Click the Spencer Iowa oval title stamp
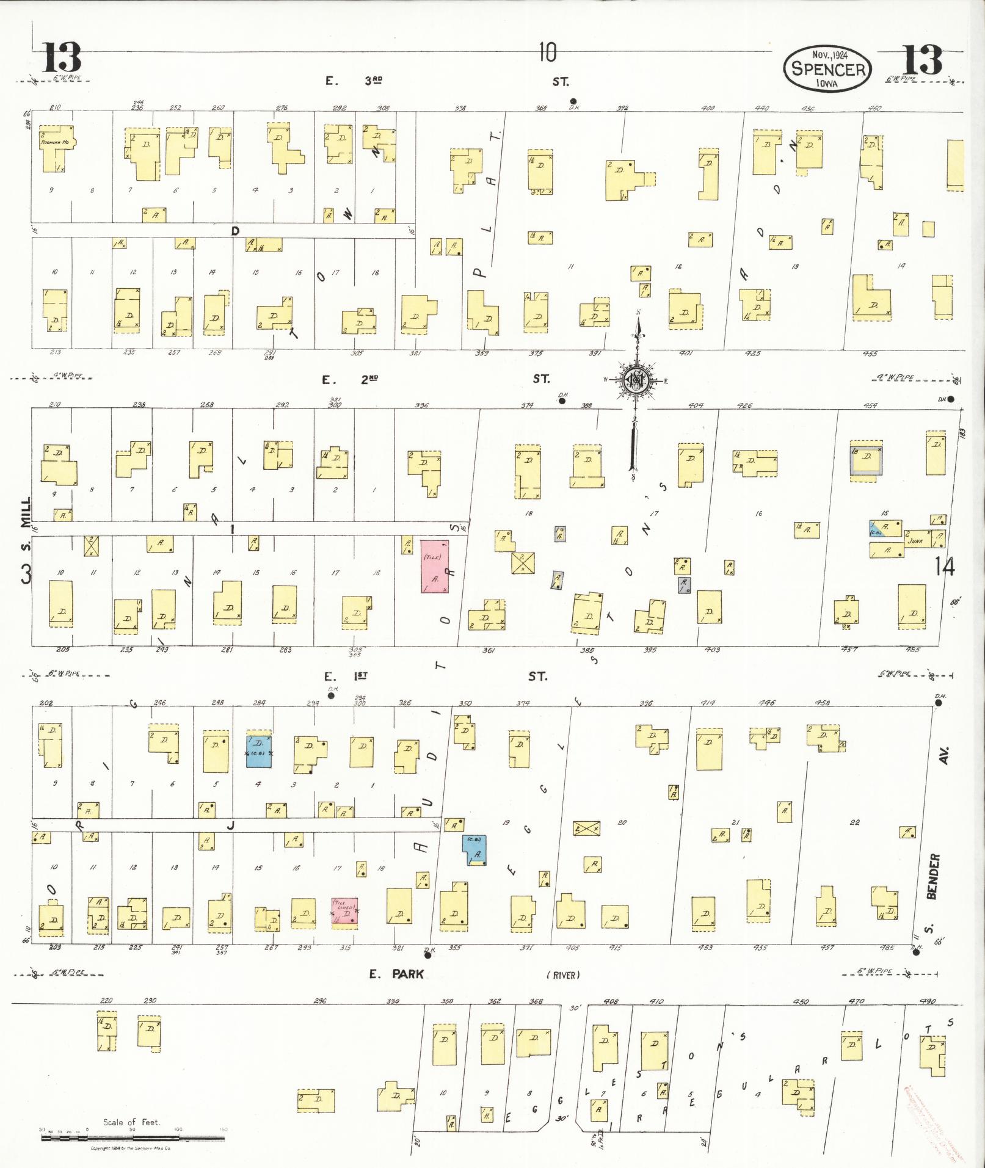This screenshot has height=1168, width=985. pyautogui.click(x=829, y=68)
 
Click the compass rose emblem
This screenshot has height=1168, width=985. pyautogui.click(x=637, y=380)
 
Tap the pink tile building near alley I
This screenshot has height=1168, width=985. pyautogui.click(x=434, y=565)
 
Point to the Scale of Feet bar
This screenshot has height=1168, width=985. pyautogui.click(x=133, y=1137)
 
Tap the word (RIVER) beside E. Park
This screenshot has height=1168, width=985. pyautogui.click(x=562, y=975)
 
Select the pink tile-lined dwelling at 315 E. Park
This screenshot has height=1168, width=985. pyautogui.click(x=344, y=913)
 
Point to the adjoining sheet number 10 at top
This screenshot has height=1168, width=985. pyautogui.click(x=547, y=53)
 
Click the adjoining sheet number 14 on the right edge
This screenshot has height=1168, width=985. pyautogui.click(x=943, y=567)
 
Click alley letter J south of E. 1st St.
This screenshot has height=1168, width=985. pyautogui.click(x=230, y=825)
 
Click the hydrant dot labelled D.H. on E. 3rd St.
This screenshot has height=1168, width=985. pyautogui.click(x=573, y=101)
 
